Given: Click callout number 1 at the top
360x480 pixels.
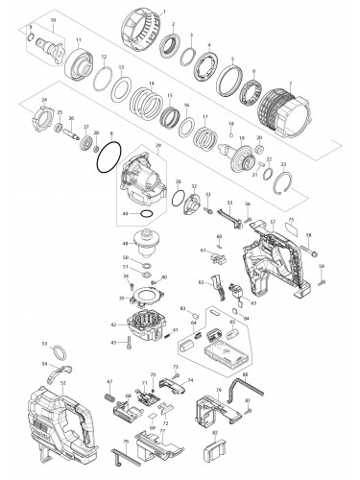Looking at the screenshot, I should point(163,10).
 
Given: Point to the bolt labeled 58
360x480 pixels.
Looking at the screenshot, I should point(313,252).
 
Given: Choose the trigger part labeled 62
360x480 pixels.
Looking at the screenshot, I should point(217,284).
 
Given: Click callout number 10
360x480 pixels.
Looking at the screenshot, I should point(52,19).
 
